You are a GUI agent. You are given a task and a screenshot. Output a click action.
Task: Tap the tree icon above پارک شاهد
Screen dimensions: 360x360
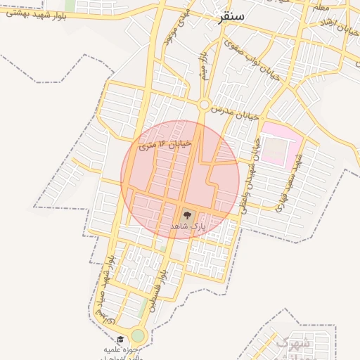[187, 214]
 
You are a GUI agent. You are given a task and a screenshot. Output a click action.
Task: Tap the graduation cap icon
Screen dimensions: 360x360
[120, 340]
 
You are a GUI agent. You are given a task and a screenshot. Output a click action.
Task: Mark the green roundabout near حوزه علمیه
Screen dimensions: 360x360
[138, 335]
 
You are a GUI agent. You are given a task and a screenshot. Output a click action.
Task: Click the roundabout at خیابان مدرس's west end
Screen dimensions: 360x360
[204, 105]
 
